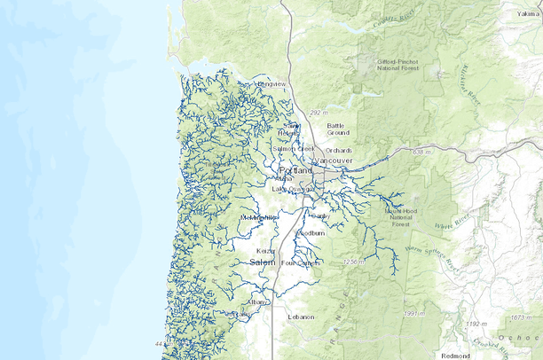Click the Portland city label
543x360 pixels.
tap(295, 170)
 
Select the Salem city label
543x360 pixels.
tap(262, 263)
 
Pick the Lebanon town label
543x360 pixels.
tap(301, 317)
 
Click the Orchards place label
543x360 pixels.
tap(338, 151)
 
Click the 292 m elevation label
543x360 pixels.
tap(319, 113)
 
